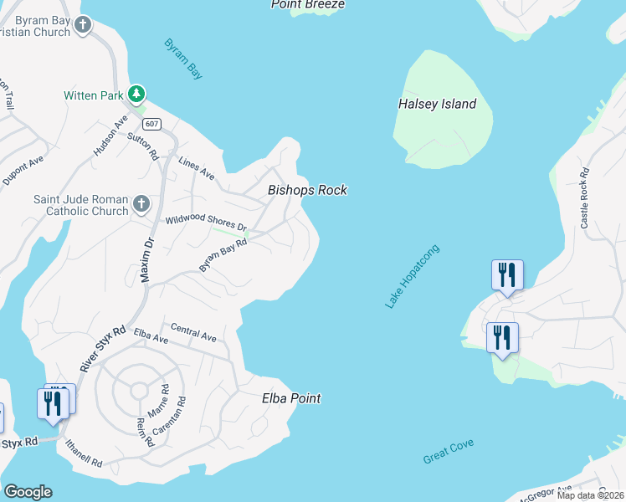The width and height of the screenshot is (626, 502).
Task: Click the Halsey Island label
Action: tap(436, 105)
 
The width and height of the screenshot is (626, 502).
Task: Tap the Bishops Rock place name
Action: tap(307, 191)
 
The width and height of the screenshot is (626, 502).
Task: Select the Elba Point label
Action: tap(291, 398)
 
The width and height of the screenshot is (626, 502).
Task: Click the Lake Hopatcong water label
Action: tap(412, 277)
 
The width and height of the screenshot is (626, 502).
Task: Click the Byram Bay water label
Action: tap(184, 59)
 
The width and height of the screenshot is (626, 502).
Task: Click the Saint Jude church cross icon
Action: tap(141, 202)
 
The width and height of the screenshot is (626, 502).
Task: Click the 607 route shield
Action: tap(151, 124)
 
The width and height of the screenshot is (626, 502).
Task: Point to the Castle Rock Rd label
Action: tap(585, 198)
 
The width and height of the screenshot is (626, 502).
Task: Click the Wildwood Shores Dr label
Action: tap(206, 223)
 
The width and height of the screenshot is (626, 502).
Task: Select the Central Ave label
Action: tap(193, 332)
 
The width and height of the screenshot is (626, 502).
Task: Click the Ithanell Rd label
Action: tap(80, 456)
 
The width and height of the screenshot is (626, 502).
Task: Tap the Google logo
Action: tap(28, 492)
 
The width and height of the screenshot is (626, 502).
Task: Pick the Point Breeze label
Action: tap(308, 4)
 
